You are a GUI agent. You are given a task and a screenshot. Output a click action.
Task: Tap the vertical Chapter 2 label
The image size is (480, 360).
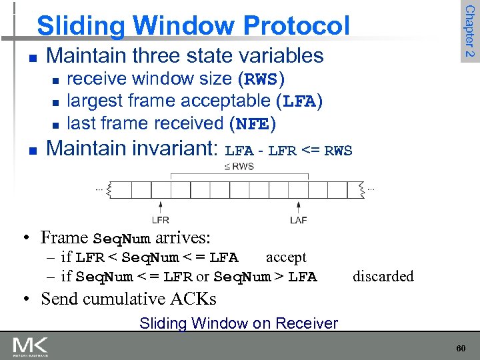(469, 31)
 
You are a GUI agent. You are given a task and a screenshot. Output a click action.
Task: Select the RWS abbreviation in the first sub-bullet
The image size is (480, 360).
(262, 79)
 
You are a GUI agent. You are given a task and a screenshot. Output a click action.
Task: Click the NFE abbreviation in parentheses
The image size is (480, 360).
(252, 124)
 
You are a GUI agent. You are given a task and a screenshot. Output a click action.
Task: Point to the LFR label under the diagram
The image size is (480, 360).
(160, 219)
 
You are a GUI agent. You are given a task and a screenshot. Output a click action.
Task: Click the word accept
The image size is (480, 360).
(286, 257)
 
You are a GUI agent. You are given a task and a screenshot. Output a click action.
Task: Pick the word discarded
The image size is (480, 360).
(383, 276)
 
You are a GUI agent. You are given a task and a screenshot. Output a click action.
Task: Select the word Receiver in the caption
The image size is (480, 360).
(309, 323)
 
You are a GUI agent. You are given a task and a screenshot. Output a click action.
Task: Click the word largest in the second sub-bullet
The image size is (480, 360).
(97, 101)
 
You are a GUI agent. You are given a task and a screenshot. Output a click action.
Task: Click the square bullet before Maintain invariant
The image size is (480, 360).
(25, 149)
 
